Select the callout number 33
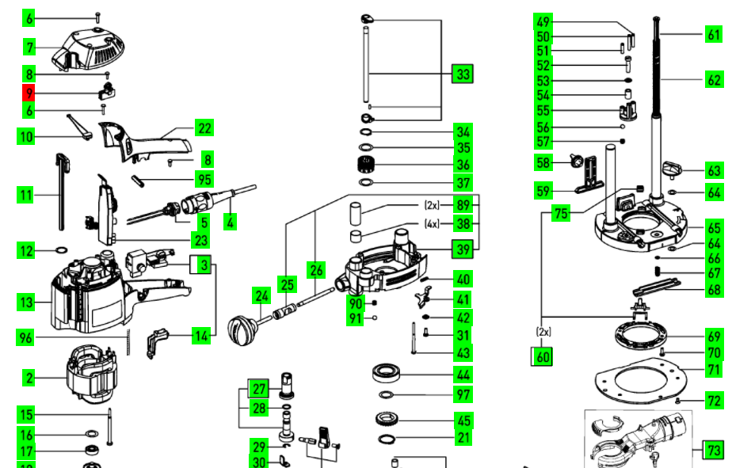[x=462, y=74]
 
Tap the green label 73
[x=714, y=451]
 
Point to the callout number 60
[x=542, y=357]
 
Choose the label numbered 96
[x=28, y=337]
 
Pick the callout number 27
[x=259, y=389]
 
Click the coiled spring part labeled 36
[x=366, y=166]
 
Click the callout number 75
[x=561, y=214]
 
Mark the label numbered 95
[x=204, y=179]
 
